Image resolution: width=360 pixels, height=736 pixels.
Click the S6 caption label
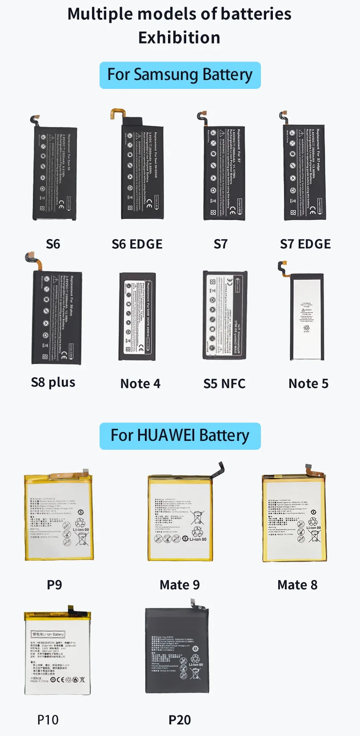53,244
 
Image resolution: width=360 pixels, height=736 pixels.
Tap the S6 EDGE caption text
137,244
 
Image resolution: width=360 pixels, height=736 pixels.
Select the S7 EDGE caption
305,244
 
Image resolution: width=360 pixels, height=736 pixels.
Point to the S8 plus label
53,382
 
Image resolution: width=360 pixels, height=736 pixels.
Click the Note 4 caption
140,384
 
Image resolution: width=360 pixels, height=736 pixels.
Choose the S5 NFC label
224,384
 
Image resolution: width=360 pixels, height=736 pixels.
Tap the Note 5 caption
308,384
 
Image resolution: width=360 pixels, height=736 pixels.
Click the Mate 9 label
180,585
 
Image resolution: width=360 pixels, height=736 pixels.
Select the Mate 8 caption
297,585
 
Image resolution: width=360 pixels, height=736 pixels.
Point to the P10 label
48,720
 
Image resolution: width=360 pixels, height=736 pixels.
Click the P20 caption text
180,720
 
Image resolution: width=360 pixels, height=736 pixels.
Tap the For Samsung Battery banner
180,75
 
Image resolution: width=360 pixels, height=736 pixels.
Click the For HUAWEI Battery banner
180,436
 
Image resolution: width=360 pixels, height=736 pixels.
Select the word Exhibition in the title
179,38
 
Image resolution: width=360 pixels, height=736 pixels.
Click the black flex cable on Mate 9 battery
219,470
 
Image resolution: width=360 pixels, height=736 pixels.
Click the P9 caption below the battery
54,585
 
